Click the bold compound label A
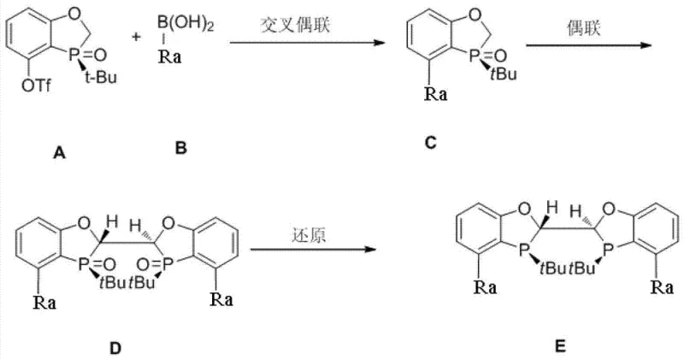point(57,153)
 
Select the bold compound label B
point(180,148)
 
